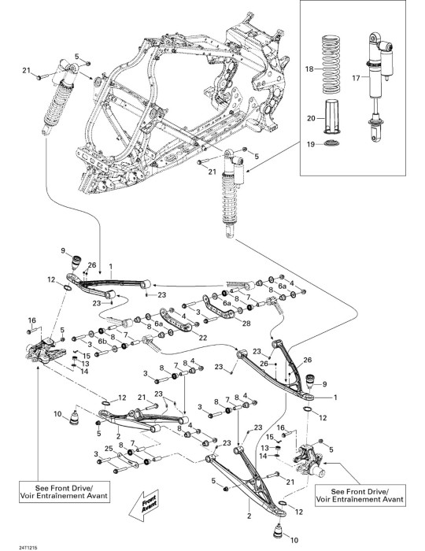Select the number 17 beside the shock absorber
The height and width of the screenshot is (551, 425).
(x=357, y=78)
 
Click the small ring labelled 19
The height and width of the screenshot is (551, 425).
(x=331, y=143)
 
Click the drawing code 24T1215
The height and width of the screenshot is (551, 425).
(x=28, y=548)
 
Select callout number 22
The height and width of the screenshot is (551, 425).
(x=203, y=338)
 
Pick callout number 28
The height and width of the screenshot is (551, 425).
(x=246, y=324)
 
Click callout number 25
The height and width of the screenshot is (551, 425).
(x=109, y=449)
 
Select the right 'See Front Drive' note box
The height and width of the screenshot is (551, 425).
(x=360, y=495)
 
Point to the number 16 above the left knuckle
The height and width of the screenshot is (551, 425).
(x=32, y=320)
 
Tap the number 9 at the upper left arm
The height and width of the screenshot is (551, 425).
(x=63, y=250)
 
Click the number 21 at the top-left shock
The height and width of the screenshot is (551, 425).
(x=27, y=71)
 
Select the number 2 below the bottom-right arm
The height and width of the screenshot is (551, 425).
(x=249, y=516)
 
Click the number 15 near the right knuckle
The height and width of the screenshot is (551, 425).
(x=270, y=438)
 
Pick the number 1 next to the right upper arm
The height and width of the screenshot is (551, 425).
(x=335, y=398)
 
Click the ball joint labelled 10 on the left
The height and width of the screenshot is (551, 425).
(x=74, y=418)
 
